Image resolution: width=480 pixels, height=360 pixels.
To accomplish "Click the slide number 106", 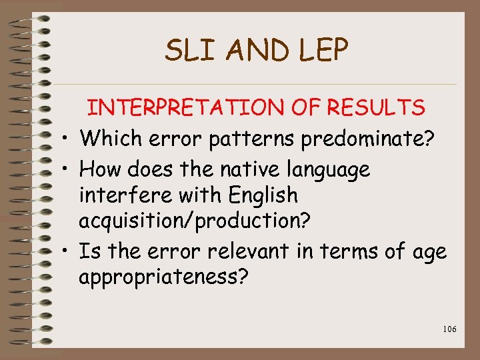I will click(x=449, y=329).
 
